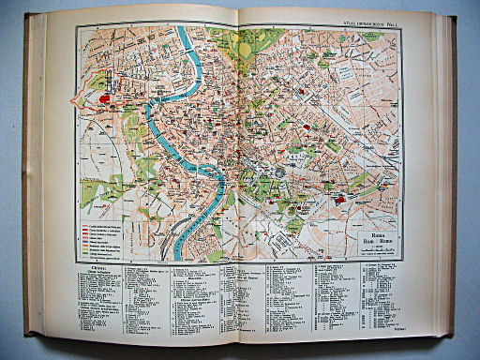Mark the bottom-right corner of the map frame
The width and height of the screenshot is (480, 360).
(x=402, y=261)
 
